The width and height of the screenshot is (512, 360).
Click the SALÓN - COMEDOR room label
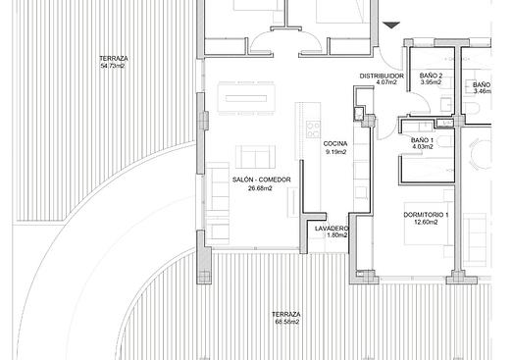point(262,180)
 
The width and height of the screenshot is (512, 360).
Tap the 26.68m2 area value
point(261,188)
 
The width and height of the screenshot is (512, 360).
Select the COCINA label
point(335,143)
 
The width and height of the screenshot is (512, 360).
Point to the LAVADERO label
point(332,229)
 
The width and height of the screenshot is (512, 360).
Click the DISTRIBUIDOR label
point(382,76)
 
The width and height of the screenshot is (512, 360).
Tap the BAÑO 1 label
point(422,140)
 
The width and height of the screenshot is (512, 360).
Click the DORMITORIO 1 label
point(426,215)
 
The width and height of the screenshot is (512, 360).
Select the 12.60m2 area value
point(426,222)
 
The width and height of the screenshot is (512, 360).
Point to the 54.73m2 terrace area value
point(113,66)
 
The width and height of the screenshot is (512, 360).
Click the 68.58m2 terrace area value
point(287,322)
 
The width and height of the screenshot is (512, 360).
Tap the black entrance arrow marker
point(391,25)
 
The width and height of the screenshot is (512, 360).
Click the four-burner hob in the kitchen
point(313,129)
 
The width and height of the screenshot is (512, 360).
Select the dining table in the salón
point(246,98)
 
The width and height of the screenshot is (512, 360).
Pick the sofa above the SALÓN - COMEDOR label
point(255,157)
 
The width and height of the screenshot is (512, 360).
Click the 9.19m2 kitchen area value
point(335,152)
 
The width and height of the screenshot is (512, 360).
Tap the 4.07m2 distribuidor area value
point(386,82)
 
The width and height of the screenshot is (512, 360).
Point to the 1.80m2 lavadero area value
point(337,235)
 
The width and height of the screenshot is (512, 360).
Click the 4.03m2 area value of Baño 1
point(423,147)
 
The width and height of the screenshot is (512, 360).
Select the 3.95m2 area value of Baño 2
point(431,82)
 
